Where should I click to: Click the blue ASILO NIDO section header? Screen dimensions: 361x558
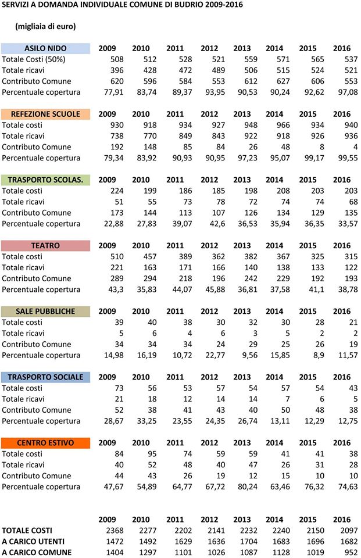(x=45, y=48)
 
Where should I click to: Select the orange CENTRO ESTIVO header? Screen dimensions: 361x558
(x=45, y=443)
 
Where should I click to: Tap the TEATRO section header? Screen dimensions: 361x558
(x=45, y=245)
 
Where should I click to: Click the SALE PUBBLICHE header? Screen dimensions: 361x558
(x=45, y=312)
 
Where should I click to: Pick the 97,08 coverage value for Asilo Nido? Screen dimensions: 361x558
(x=348, y=92)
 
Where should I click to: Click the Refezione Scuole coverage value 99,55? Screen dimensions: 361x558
(x=348, y=158)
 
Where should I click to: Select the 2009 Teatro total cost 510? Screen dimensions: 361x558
(x=117, y=256)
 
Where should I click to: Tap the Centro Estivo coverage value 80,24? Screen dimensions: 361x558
(x=248, y=487)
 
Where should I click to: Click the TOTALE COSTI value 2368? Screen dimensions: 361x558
(x=115, y=531)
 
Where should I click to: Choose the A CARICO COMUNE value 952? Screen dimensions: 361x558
(x=351, y=553)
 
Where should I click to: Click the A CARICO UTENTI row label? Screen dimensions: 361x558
(x=33, y=542)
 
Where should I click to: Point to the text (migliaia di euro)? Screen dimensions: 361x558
(x=45, y=26)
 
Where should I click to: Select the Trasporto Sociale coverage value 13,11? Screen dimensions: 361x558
(x=280, y=421)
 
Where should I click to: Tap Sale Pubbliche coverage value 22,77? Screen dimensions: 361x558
(x=216, y=355)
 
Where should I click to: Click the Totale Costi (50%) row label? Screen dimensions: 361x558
(x=34, y=59)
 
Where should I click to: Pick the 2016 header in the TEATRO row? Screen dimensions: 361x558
(x=342, y=245)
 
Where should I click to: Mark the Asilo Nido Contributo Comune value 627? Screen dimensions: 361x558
(x=283, y=81)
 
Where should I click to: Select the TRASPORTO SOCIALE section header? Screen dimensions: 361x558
(x=45, y=377)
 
